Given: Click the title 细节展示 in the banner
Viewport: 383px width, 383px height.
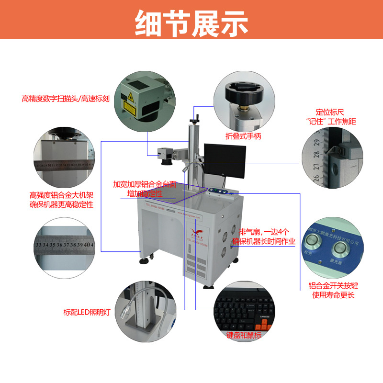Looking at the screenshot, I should pyautogui.click(x=191, y=22).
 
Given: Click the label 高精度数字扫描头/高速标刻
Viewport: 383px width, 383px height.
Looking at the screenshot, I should pyautogui.click(x=66, y=99).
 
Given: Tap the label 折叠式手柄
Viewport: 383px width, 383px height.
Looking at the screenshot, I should pyautogui.click(x=243, y=136).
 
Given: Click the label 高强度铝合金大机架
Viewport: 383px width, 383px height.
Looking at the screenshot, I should pyautogui.click(x=61, y=195).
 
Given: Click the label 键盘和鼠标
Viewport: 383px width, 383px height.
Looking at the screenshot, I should pyautogui.click(x=244, y=335).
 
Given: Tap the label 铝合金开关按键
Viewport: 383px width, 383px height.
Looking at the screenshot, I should pyautogui.click(x=334, y=286).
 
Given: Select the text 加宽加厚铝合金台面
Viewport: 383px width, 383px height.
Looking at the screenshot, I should pyautogui.click(x=145, y=184).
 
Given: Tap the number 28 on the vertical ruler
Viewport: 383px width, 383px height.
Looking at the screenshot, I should pyautogui.click(x=316, y=155).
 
